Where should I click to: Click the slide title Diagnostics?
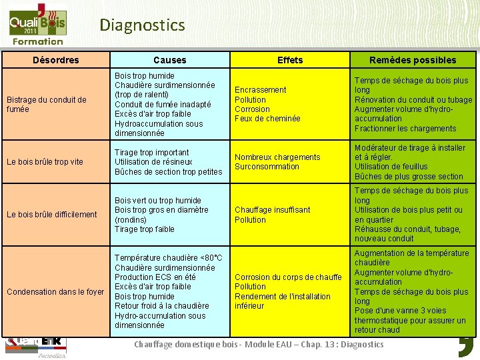coord(142,25)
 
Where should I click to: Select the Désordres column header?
coord(56,60)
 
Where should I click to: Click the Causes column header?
coord(170,60)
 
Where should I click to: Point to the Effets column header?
coord(290,60)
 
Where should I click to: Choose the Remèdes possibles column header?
coord(413,60)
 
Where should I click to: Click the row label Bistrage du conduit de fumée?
coord(46,105)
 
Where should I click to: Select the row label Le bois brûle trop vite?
coord(44,162)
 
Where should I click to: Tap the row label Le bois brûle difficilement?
coord(51,215)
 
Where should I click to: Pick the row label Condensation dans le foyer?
coord(55,292)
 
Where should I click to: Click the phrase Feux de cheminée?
coord(267,119)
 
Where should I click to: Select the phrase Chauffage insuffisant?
coord(272,210)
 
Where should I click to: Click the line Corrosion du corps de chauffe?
coord(288,277)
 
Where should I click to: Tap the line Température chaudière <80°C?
coord(169,258)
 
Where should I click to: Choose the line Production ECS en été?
coord(155,277)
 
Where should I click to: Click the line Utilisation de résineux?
coord(153,162)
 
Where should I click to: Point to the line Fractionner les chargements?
coord(405,129)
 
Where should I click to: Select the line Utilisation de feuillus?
coord(391,167)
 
